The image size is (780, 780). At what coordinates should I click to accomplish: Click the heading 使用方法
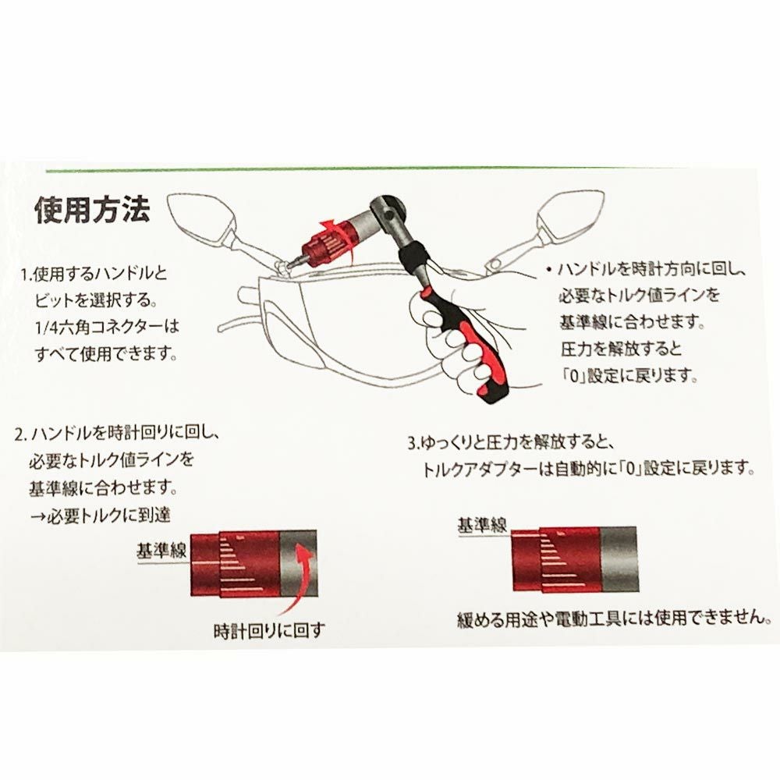point(93,210)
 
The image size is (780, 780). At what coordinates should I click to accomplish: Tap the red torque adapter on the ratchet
point(327,243)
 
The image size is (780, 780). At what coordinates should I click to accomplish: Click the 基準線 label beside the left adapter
point(161,551)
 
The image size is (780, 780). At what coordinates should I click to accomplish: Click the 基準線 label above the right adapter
point(482,525)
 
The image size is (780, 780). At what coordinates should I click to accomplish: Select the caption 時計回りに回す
point(268,631)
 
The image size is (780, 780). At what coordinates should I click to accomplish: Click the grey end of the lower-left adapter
point(298,563)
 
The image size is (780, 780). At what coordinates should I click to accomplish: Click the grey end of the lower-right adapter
point(619,559)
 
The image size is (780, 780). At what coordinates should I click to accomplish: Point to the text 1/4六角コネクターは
point(107,327)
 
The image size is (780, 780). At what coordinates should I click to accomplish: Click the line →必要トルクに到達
point(100,516)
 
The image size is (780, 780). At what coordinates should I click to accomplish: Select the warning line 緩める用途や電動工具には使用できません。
point(615,619)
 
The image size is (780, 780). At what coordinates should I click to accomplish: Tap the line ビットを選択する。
point(96,300)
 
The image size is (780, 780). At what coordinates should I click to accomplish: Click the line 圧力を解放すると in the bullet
point(621,349)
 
